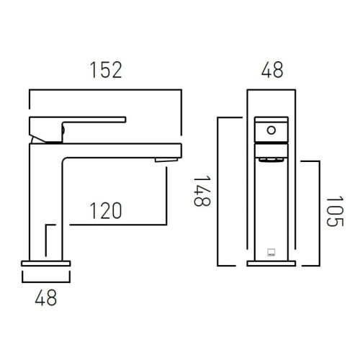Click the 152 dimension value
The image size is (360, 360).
(x=106, y=70)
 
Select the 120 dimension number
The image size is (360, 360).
(x=106, y=211)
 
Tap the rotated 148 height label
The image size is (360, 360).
(x=202, y=192)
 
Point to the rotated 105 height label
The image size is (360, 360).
(x=335, y=211)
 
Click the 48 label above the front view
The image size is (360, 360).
(x=272, y=70)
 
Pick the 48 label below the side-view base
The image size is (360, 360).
(x=46, y=297)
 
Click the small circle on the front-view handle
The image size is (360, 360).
(x=271, y=130)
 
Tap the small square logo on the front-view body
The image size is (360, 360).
(x=271, y=253)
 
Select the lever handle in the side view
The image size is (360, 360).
(x=77, y=130)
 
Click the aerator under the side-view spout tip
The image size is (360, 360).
(x=166, y=160)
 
